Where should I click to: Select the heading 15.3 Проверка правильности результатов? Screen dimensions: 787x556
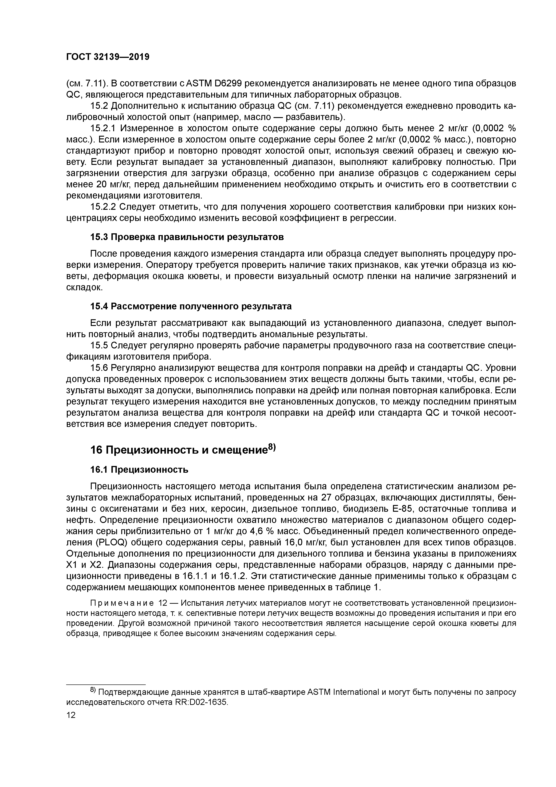pos(187,237)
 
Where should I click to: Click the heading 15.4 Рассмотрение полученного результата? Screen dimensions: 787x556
pos(191,306)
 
